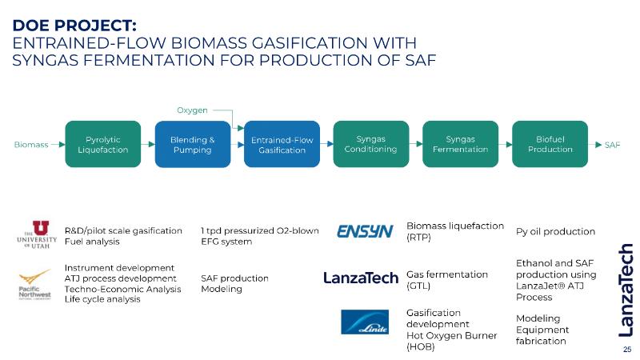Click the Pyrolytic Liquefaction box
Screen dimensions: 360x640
pyautogui.click(x=102, y=144)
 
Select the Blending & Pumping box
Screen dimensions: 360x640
pyautogui.click(x=192, y=144)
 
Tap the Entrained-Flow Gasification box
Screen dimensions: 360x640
pyautogui.click(x=282, y=145)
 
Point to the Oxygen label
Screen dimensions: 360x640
pyautogui.click(x=192, y=109)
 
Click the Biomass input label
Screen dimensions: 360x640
pyautogui.click(x=31, y=145)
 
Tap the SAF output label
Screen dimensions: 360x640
pyautogui.click(x=613, y=145)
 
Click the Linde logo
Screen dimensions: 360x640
pyautogui.click(x=365, y=322)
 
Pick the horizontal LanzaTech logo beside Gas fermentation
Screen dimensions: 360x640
pyautogui.click(x=360, y=278)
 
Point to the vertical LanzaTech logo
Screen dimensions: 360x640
pyautogui.click(x=626, y=288)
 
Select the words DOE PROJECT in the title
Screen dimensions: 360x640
pyautogui.click(x=76, y=24)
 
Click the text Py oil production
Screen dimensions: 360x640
pyautogui.click(x=556, y=232)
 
